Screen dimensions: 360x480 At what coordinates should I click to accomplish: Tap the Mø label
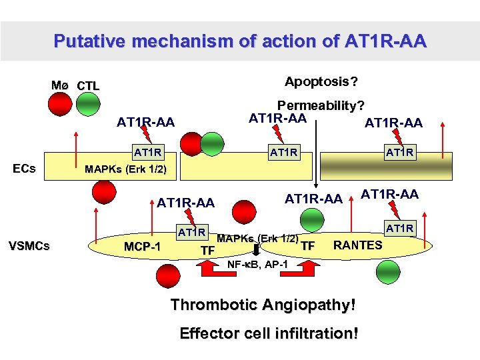click(x=60, y=85)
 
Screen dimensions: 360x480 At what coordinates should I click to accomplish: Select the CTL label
click(x=88, y=86)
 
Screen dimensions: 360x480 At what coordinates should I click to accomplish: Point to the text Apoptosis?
click(x=321, y=81)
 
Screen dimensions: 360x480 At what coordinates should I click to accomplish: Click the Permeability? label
click(x=321, y=105)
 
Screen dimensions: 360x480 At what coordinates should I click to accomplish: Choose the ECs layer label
click(x=24, y=168)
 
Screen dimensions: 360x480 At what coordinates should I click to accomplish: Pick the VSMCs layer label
click(x=27, y=246)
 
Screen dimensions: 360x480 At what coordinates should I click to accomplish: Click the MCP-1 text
click(x=143, y=247)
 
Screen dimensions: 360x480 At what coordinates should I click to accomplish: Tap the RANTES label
click(x=358, y=245)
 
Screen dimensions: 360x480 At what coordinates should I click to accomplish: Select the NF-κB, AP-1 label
click(x=257, y=264)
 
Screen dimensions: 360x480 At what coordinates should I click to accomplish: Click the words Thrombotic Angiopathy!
click(x=263, y=305)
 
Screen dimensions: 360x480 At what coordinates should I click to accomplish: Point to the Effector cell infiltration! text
click(x=269, y=333)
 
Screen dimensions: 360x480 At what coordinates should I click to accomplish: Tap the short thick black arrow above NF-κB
click(x=257, y=250)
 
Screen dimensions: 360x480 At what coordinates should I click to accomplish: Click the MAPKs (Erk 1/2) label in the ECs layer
click(x=126, y=169)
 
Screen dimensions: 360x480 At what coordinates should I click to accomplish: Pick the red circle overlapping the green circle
click(x=194, y=145)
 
